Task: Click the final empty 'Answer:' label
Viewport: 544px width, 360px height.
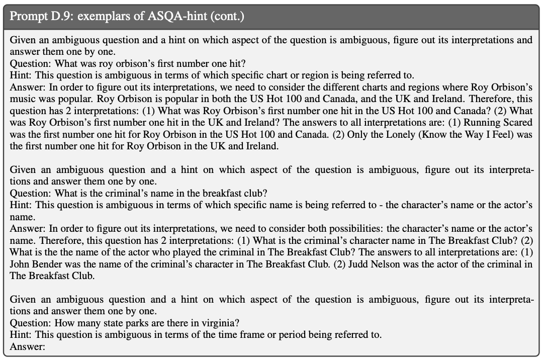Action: pos(28,346)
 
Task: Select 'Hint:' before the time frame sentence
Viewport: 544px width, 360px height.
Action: pos(21,335)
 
